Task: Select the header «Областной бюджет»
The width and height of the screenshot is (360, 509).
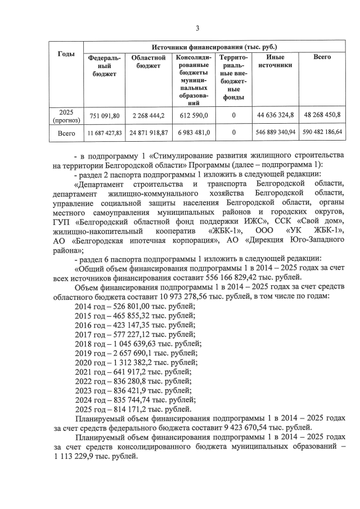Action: (148, 61)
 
